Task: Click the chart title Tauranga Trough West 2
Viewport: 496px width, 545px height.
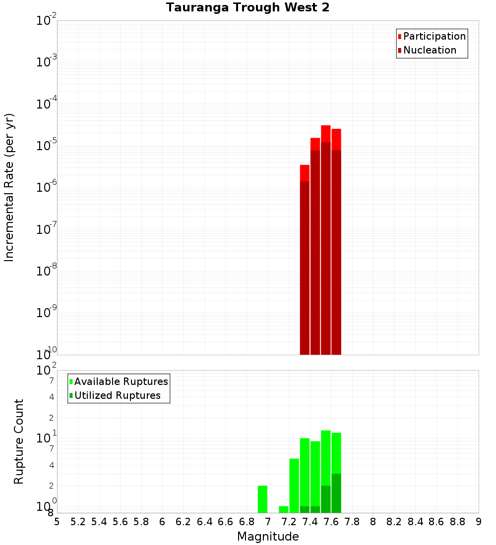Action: point(248,8)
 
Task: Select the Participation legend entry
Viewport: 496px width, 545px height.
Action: point(434,36)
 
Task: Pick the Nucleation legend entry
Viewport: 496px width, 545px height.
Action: point(430,50)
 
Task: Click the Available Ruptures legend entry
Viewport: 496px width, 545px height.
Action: point(121,381)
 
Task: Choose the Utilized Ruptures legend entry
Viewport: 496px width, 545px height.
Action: point(117,395)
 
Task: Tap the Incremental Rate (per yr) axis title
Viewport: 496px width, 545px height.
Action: point(9,187)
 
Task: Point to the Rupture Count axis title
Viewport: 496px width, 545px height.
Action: point(19,441)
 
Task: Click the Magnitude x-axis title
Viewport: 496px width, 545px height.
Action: point(268,537)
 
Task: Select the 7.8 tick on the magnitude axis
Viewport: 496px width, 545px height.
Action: point(352,522)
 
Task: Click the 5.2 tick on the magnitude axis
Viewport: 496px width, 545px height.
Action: point(78,522)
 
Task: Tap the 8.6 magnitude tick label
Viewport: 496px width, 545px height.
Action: point(436,522)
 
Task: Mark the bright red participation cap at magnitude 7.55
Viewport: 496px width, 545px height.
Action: point(326,134)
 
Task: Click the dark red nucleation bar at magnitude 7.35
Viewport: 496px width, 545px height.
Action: point(305,268)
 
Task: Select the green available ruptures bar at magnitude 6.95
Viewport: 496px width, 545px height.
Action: point(263,499)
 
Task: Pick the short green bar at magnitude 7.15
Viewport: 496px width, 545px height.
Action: point(284,509)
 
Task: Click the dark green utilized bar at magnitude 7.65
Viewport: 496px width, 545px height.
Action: point(336,493)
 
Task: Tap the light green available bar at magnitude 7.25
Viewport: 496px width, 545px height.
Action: point(294,486)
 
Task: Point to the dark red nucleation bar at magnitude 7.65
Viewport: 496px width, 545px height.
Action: point(336,253)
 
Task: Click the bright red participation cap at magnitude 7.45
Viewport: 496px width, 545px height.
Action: point(315,144)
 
